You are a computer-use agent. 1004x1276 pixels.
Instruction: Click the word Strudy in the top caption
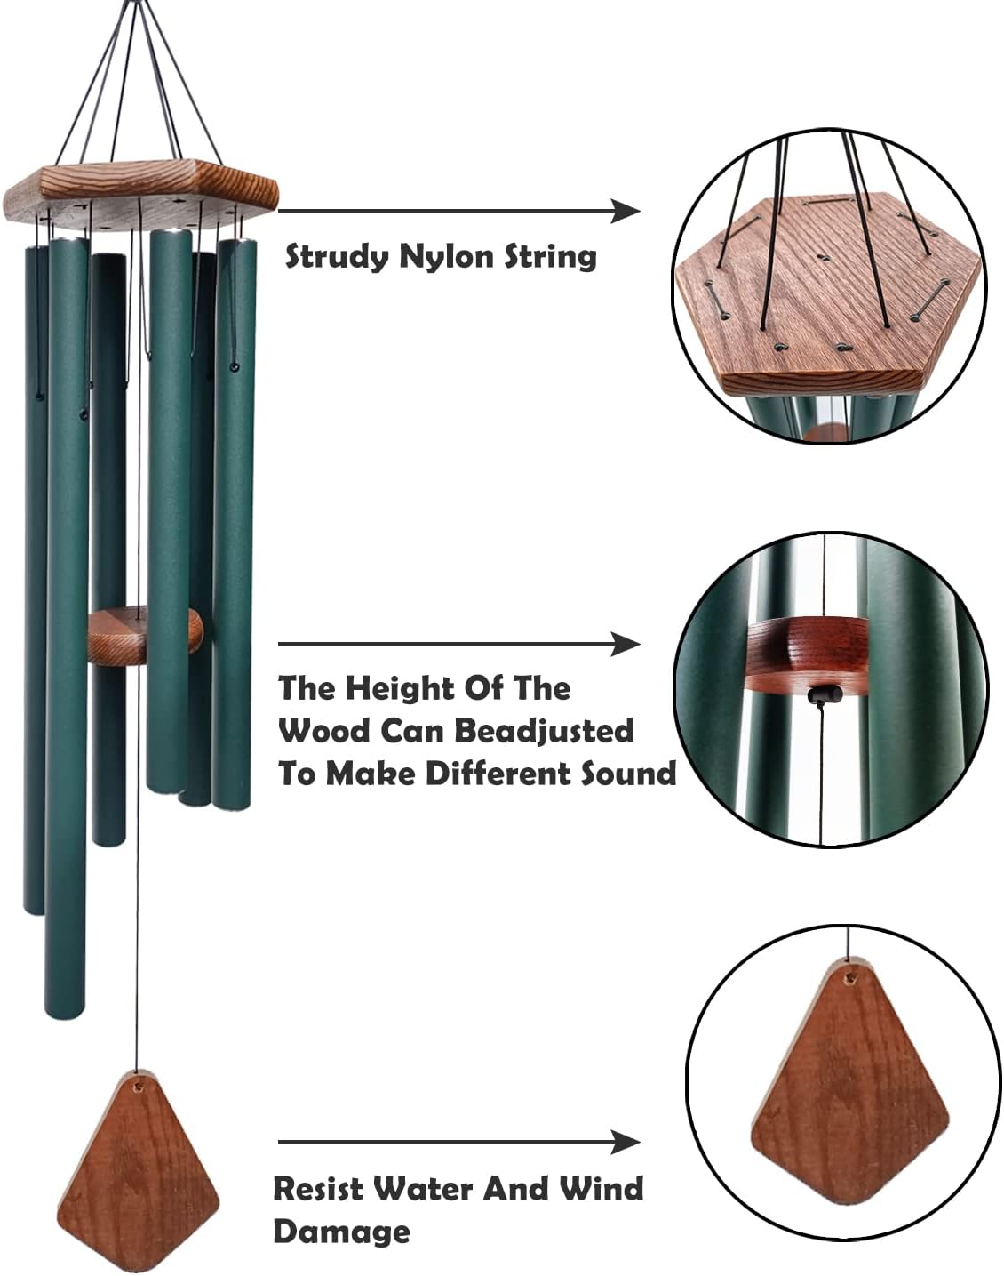(337, 257)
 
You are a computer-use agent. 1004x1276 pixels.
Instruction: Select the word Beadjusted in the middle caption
(544, 731)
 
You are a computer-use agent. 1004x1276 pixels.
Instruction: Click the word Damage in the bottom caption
(341, 1232)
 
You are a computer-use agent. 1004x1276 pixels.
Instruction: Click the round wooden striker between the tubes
(145, 634)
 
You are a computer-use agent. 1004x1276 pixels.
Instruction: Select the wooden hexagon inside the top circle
(826, 293)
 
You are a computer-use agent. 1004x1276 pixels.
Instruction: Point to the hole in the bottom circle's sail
(849, 977)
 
